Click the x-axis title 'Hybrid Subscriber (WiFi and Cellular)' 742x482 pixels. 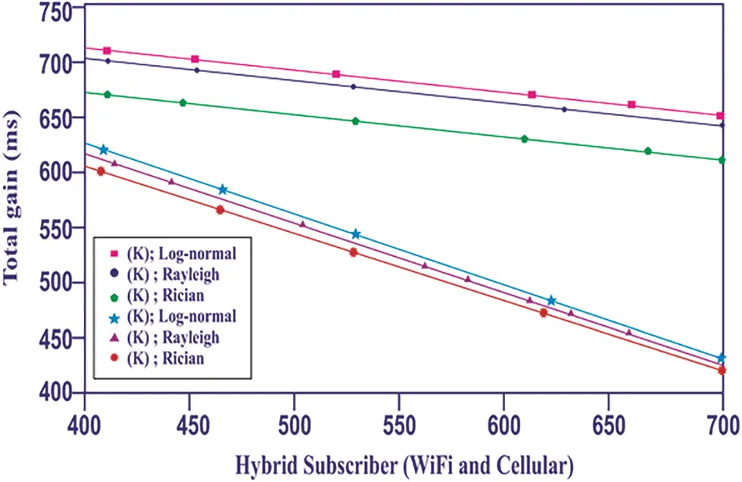[x=404, y=462]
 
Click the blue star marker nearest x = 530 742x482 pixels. [x=356, y=234]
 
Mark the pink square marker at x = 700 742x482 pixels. [x=722, y=116]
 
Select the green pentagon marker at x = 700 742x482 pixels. [x=722, y=160]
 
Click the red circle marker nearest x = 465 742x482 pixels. [x=220, y=210]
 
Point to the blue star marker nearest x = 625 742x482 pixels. [x=551, y=301]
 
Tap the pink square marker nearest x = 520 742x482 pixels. [x=336, y=74]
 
